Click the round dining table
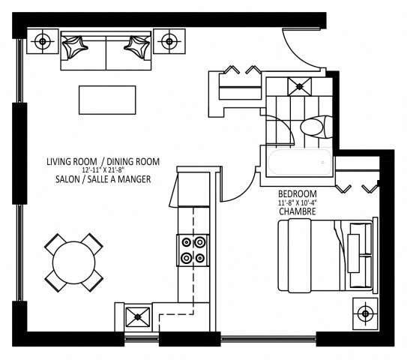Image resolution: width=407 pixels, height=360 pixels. (73, 262)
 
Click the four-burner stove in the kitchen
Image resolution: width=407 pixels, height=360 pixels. (191, 250)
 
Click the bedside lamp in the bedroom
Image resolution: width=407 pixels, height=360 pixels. (367, 312)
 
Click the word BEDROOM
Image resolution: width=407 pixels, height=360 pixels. (295, 191)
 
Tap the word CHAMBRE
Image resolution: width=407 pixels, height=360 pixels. (295, 211)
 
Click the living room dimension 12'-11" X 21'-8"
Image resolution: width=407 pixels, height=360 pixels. (103, 171)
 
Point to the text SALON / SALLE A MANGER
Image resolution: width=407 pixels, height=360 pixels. (103, 181)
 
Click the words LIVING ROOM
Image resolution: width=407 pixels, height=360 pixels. (73, 161)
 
